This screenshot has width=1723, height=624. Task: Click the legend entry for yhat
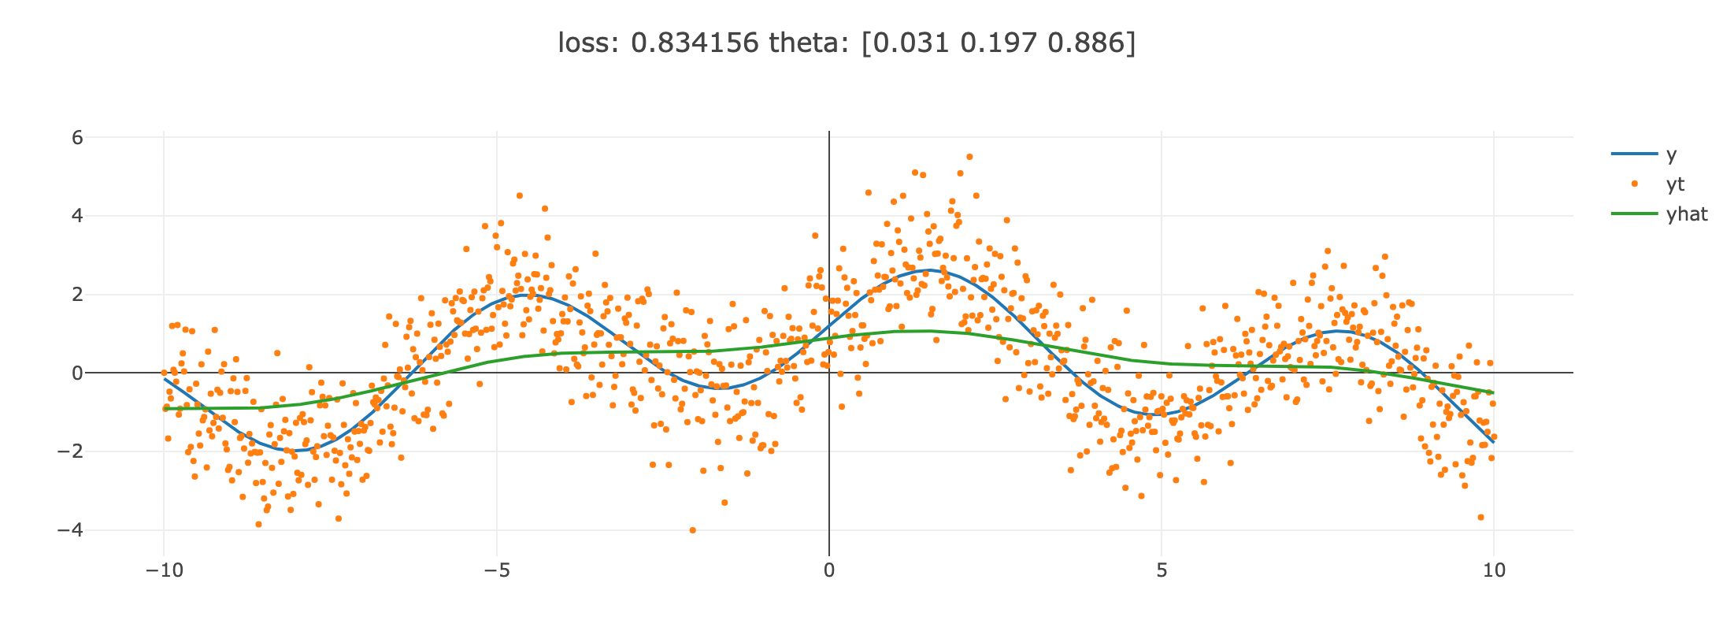click(x=1659, y=214)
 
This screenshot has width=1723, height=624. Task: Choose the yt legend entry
click(x=1648, y=184)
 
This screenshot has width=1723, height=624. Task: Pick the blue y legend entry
click(x=1644, y=154)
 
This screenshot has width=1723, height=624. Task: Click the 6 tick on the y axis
click(x=77, y=137)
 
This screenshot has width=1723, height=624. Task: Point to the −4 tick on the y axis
click(x=70, y=530)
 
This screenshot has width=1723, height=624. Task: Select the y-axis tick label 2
click(x=77, y=295)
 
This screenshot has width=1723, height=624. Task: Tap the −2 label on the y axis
click(x=70, y=451)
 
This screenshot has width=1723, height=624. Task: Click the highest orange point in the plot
click(x=969, y=157)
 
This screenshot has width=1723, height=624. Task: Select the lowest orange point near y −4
click(x=693, y=530)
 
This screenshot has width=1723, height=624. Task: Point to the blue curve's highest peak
click(x=929, y=270)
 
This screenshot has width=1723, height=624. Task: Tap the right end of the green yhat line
click(x=1493, y=392)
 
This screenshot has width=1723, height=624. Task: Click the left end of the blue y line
click(x=165, y=379)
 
